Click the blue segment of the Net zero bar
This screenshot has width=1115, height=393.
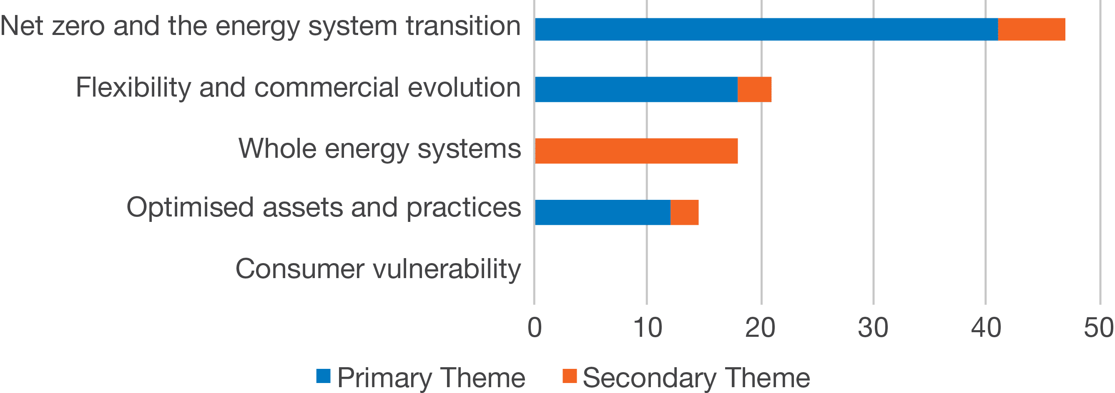point(766,30)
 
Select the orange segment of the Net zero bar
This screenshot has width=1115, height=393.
point(1032,30)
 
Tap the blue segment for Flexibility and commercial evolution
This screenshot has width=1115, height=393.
point(636,90)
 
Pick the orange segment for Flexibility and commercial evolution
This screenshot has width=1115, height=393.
point(754,90)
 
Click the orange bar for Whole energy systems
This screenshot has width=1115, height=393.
point(636,151)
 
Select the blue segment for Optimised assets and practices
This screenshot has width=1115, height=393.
point(603,212)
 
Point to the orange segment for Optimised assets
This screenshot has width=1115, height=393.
point(684,212)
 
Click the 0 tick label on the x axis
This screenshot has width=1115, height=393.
point(535,328)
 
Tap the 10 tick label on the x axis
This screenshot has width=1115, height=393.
point(647,328)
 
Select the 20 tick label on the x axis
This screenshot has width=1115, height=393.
point(761,328)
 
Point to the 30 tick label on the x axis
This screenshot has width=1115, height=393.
point(873,328)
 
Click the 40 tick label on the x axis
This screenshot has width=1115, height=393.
point(986,328)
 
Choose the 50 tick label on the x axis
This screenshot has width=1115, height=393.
point(1099,328)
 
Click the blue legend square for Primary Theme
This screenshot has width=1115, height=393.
point(323,376)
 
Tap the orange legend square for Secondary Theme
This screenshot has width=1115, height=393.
point(570,376)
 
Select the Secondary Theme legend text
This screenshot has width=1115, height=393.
point(696,378)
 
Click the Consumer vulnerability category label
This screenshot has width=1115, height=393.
point(378,269)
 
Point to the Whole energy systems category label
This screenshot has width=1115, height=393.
point(379,149)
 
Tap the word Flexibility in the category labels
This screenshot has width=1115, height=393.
point(133,88)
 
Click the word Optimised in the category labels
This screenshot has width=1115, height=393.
point(190,208)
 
